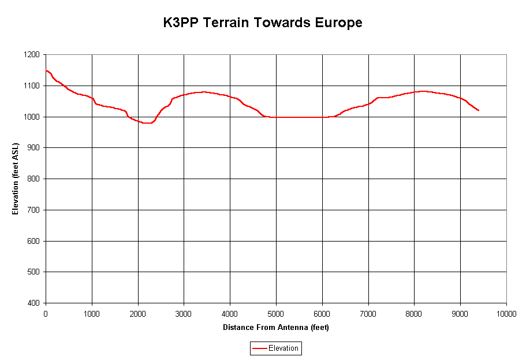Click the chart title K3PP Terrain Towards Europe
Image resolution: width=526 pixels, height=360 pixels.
[262, 23]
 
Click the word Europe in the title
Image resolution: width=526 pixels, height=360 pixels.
[338, 23]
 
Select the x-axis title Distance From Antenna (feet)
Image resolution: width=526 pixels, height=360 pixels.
[276, 327]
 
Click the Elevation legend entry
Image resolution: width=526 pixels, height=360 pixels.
[275, 348]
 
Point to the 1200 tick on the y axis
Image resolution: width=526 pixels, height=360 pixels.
[31, 55]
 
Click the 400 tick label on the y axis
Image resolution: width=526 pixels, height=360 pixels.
[33, 303]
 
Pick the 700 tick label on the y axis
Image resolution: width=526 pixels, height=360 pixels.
[33, 210]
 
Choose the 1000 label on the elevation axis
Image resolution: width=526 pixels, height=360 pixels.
[31, 117]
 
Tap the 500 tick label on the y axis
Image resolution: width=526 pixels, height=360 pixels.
[33, 272]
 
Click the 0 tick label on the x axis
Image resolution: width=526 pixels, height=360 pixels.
[46, 313]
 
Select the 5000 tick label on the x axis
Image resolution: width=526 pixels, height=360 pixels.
[276, 313]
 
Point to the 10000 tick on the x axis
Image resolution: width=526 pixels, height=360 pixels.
[506, 313]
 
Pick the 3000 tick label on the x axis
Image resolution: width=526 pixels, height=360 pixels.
[184, 313]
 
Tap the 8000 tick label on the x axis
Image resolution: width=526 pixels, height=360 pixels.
[414, 313]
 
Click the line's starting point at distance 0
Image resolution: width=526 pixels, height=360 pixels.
[46, 70]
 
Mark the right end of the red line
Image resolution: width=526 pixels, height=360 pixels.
[479, 110]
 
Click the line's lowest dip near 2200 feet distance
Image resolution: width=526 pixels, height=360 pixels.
[148, 123]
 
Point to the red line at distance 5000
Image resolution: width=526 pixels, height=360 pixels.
[276, 117]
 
